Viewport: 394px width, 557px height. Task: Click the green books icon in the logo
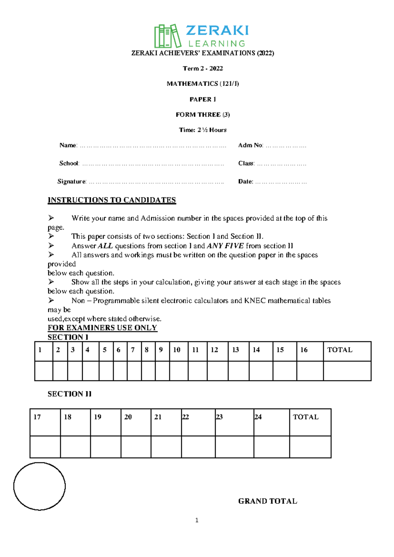[x=167, y=36]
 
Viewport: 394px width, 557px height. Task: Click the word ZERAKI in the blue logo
[x=217, y=31]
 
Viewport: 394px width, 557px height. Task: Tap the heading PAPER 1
[x=203, y=99]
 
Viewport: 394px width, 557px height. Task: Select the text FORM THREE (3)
[x=203, y=115]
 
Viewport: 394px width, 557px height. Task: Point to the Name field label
[x=68, y=145]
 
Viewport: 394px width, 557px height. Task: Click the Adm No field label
[x=251, y=145]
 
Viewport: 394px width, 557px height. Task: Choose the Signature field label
[x=72, y=181]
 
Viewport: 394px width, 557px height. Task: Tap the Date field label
[x=246, y=181]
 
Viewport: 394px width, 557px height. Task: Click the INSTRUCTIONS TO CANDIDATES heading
[x=112, y=200]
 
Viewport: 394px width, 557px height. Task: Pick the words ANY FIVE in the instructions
[x=225, y=246]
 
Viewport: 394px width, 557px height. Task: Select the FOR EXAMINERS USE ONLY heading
[x=102, y=328]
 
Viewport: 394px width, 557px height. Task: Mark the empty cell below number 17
[x=45, y=447]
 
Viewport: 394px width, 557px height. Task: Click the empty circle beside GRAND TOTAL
[x=39, y=486]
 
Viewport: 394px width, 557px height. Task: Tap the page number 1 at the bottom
[x=197, y=520]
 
